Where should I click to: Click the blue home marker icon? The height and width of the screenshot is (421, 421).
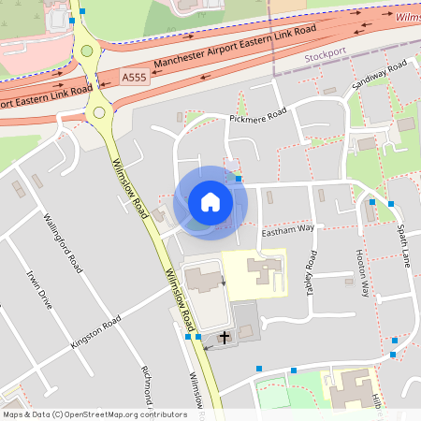[210, 202]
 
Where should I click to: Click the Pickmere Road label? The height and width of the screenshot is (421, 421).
[257, 119]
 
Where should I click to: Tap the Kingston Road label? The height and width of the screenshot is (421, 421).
[96, 333]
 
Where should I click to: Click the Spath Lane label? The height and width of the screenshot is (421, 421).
[403, 244]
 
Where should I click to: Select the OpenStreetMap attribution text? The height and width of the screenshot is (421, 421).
[94, 414]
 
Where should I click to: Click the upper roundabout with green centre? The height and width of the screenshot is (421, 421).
[87, 51]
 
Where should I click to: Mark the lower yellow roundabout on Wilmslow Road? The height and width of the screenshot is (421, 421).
[98, 113]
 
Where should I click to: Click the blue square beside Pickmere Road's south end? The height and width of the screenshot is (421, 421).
[239, 178]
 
